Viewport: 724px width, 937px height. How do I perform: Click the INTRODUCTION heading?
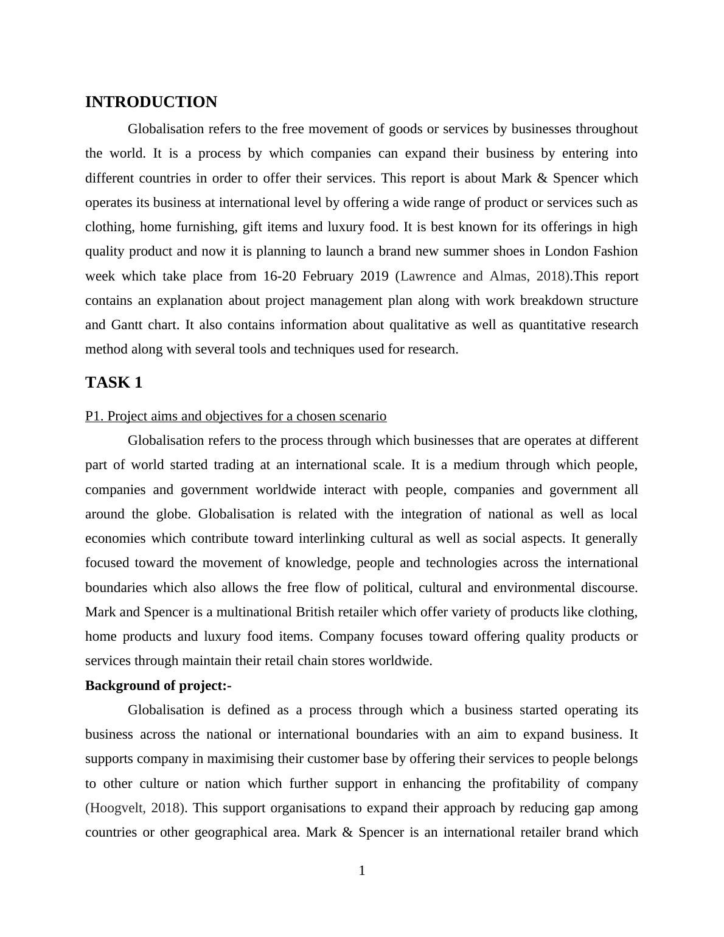(151, 102)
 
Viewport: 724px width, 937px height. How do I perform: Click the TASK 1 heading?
(114, 383)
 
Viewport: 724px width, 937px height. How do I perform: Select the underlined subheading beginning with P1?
(235, 416)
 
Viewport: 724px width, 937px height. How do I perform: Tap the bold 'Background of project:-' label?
(158, 686)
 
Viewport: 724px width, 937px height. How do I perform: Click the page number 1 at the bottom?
(362, 871)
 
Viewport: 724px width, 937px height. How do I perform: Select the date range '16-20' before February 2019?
(280, 276)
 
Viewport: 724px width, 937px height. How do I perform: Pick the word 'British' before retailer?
(316, 612)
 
